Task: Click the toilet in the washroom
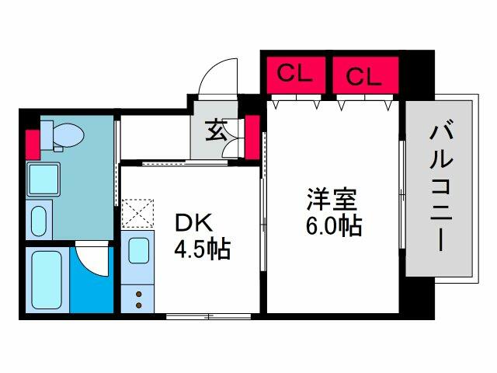64,137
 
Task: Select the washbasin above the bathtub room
39,219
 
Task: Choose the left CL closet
294,75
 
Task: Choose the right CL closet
363,76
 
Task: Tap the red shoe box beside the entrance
252,137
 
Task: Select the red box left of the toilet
32,143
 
